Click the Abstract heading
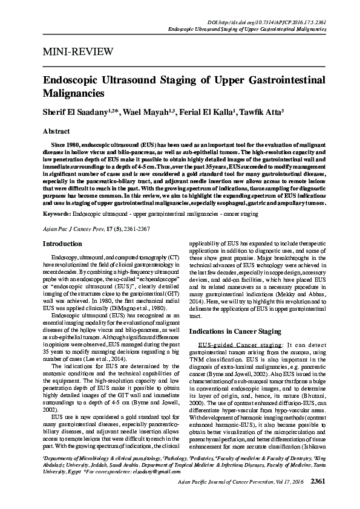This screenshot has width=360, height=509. click(56, 131)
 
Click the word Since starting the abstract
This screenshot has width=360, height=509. click(59, 146)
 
